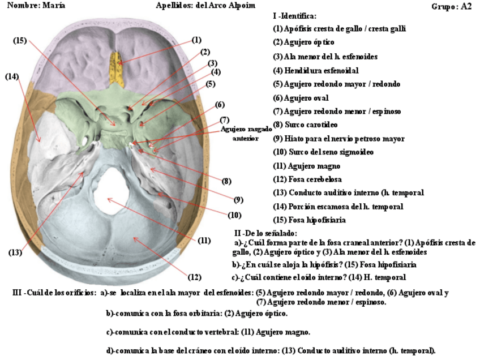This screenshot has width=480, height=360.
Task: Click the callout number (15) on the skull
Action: click(20, 40)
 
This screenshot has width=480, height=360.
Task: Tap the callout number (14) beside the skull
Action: click(12, 76)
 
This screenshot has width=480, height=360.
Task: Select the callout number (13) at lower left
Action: click(15, 252)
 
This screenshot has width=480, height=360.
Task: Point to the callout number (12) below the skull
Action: click(194, 277)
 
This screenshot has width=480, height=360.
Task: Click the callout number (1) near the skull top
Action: click(196, 40)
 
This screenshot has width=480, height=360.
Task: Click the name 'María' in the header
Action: click(54, 5)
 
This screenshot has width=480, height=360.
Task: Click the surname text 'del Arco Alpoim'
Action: click(225, 5)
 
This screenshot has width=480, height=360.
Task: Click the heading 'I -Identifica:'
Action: click(294, 16)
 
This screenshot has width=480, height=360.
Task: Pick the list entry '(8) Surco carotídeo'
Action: click(307, 125)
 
